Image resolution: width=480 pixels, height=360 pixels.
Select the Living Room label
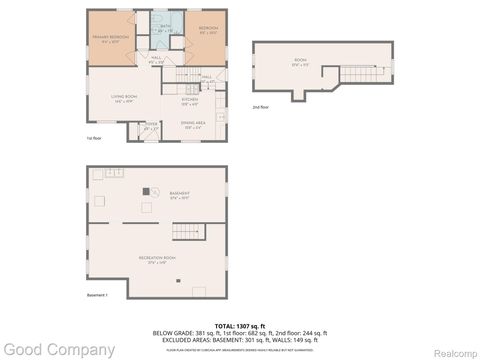[125, 99]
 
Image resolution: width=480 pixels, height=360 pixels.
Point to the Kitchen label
[190, 99]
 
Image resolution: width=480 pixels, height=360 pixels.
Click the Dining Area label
[195, 126]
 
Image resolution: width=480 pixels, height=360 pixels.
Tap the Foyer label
[151, 127]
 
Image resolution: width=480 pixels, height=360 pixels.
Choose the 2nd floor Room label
[300, 62]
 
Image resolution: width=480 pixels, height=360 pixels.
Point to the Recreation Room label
[158, 260]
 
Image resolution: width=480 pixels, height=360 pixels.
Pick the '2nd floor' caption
[262, 106]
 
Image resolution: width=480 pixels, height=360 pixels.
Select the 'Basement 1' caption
[97, 295]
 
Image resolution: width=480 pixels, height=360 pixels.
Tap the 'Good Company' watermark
[58, 350]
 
